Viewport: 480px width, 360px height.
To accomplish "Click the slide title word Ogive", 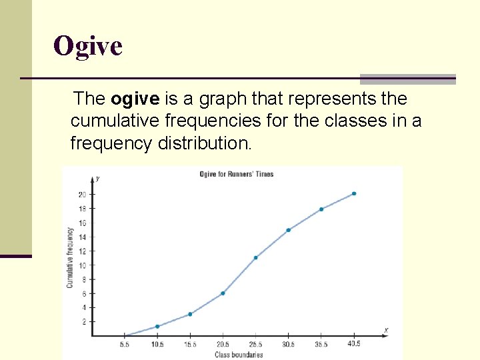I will pyautogui.click(x=88, y=47).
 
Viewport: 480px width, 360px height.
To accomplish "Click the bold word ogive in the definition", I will pyautogui.click(x=135, y=99).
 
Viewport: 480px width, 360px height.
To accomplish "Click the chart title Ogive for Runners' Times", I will pyautogui.click(x=237, y=175).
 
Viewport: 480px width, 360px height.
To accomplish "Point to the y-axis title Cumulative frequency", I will pyautogui.click(x=69, y=257).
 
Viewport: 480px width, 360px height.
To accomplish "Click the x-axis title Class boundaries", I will pyautogui.click(x=239, y=355).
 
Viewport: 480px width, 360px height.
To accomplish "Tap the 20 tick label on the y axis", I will pyautogui.click(x=82, y=195).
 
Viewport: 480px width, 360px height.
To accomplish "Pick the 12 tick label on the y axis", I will pyautogui.click(x=82, y=251).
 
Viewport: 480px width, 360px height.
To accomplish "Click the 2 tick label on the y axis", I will pyautogui.click(x=84, y=322).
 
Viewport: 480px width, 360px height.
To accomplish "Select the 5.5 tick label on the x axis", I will pyautogui.click(x=125, y=344).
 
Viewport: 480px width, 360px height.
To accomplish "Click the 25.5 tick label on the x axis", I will pyautogui.click(x=255, y=344).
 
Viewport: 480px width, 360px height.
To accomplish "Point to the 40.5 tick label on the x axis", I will pyautogui.click(x=353, y=344).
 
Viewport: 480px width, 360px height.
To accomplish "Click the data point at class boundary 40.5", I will pyautogui.click(x=354, y=193).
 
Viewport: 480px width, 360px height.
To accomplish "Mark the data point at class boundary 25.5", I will pyautogui.click(x=255, y=257).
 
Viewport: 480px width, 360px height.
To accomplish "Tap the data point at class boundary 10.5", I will pyautogui.click(x=157, y=326).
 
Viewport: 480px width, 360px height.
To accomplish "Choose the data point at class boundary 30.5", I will pyautogui.click(x=288, y=230).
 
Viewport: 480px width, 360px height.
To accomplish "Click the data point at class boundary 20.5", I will pyautogui.click(x=223, y=293).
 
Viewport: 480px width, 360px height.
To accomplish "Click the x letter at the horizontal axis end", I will pyautogui.click(x=386, y=331).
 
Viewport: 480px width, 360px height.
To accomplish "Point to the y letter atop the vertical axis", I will pyautogui.click(x=98, y=178).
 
